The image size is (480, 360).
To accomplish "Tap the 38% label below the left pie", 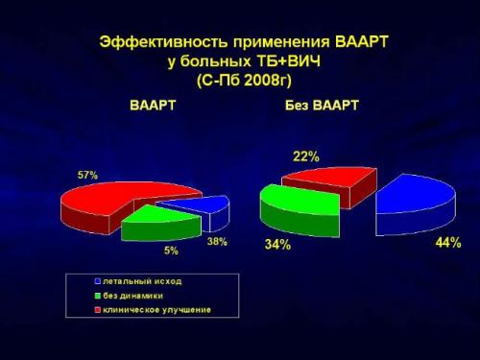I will click(217, 242).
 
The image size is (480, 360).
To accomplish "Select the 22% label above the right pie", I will click(306, 156).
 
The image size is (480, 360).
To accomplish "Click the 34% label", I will click(278, 245).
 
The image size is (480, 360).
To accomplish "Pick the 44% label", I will click(447, 243).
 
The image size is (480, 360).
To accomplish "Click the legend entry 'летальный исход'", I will click(142, 281).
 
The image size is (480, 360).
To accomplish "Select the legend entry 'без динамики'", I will click(134, 296).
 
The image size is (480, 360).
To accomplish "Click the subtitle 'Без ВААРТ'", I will click(322, 105).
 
